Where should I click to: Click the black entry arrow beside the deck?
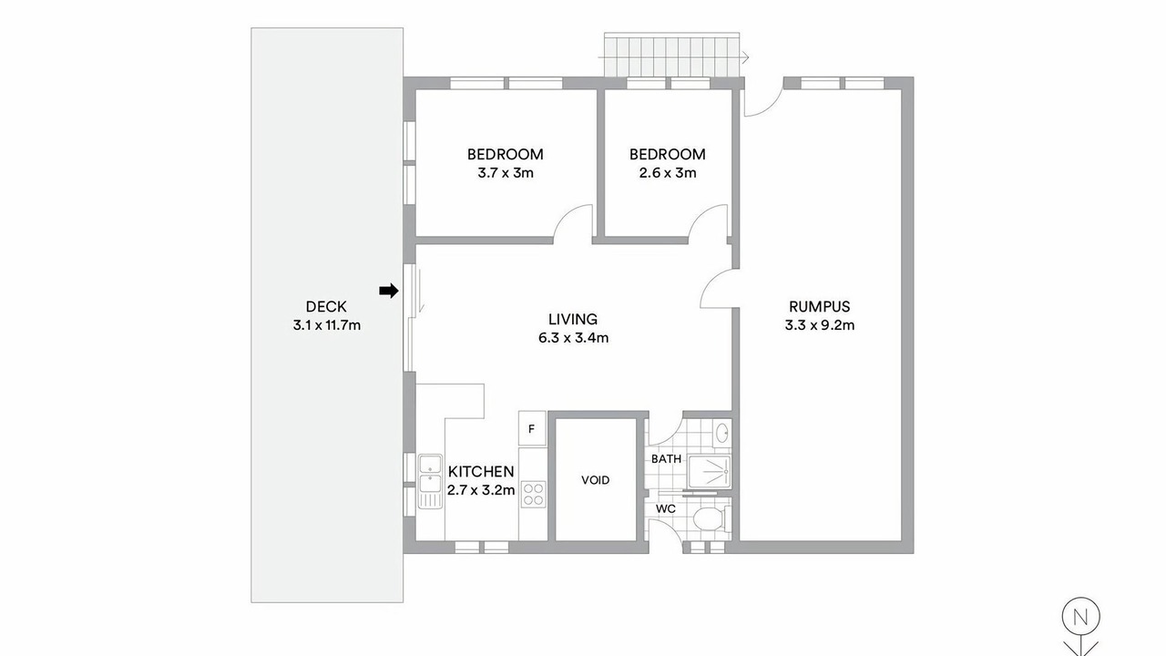388,291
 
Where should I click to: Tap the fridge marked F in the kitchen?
531,428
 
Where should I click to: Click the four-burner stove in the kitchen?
533,494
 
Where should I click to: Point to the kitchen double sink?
430,481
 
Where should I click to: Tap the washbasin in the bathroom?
722,433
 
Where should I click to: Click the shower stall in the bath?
709,473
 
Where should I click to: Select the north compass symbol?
1080,626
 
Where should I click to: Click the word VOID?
596,480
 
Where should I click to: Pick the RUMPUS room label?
820,307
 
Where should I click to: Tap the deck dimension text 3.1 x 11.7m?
326,325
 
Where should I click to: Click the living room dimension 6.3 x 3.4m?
573,338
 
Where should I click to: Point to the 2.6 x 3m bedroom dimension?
668,173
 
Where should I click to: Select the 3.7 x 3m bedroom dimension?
506,173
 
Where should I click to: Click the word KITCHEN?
481,472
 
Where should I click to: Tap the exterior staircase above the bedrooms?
672,55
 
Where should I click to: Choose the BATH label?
666,458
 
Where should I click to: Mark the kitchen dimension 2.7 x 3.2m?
481,490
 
